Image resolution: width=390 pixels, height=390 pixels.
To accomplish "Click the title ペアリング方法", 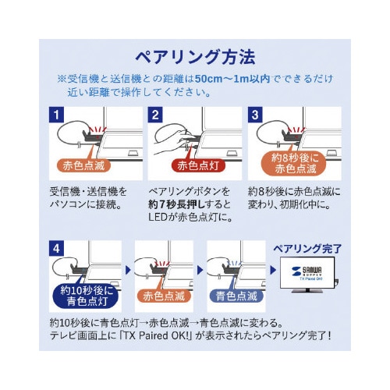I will pos(194,58).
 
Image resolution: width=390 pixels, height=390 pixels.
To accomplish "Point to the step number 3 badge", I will pos(254,114).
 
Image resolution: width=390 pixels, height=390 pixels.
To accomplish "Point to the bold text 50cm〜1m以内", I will pos(235,80).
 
